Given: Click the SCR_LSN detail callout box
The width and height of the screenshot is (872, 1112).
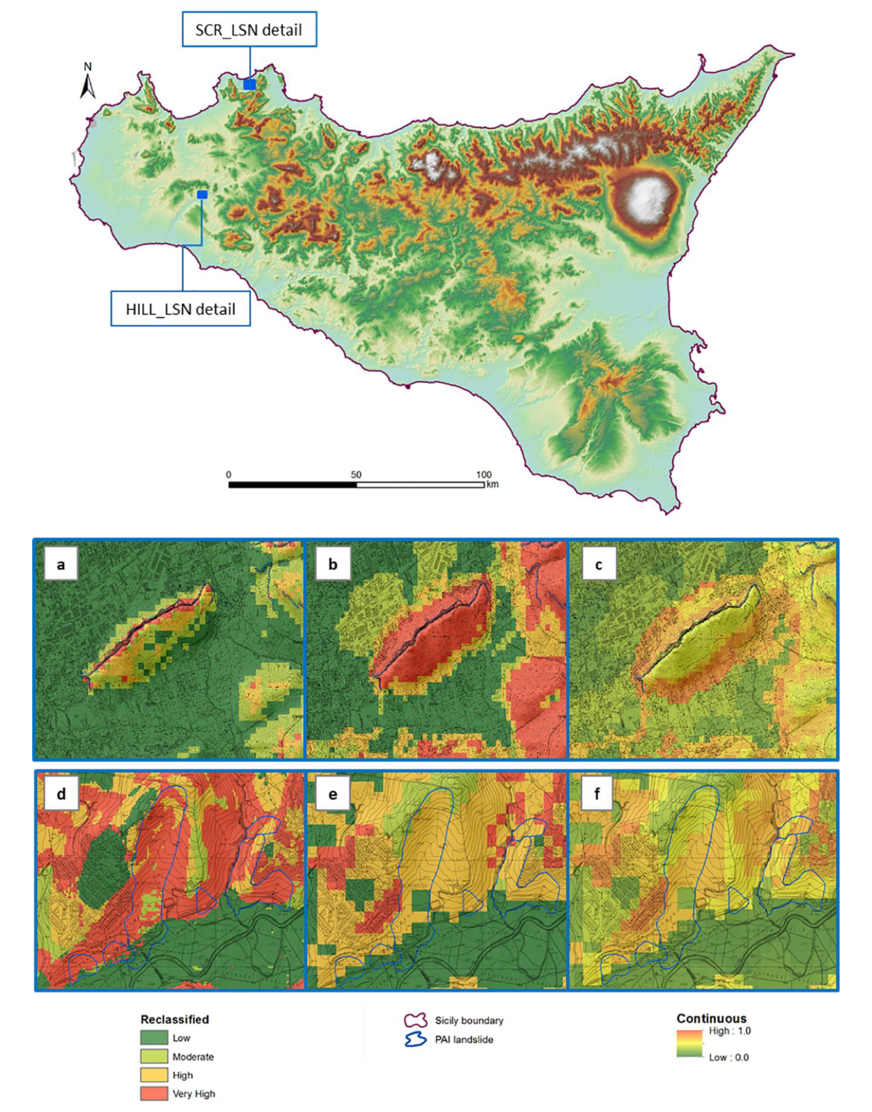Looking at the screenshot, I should [x=249, y=30].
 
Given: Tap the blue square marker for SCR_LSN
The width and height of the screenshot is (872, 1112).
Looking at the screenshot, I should [x=249, y=84].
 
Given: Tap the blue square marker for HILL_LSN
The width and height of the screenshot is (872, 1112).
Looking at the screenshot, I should [x=202, y=194].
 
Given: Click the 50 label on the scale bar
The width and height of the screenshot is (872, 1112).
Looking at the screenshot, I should [x=356, y=475].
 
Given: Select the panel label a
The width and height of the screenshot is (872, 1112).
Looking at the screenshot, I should [x=61, y=564].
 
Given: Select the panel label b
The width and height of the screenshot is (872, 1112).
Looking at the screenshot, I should [x=333, y=564].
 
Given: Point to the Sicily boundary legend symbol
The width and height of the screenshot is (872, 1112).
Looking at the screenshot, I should [x=415, y=1021].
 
